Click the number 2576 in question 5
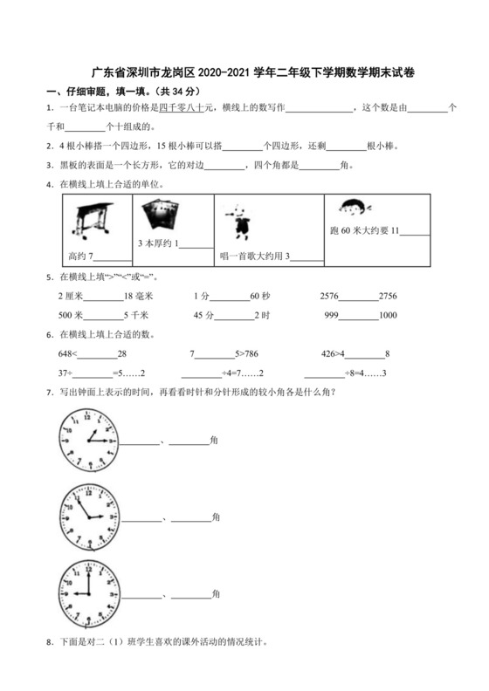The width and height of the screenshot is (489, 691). coord(334,297)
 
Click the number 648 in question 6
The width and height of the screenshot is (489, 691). coord(66,353)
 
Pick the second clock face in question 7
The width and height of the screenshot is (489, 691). coord(88,514)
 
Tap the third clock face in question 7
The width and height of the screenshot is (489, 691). coord(88,589)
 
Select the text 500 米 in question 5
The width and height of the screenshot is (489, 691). coord(70,315)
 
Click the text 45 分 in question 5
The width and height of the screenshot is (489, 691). coord(203,315)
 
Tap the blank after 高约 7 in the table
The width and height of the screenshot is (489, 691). coord(112,257)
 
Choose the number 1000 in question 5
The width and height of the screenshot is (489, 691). coord(389,315)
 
